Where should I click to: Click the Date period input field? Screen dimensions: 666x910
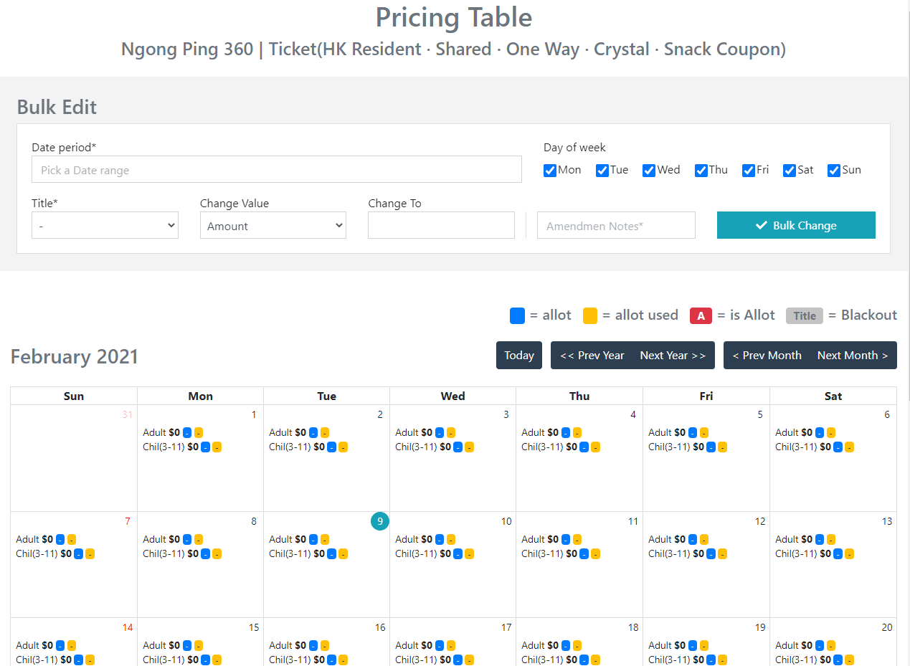(x=276, y=170)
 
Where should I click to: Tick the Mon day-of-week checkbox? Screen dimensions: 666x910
(x=550, y=171)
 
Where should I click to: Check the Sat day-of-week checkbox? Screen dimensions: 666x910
(x=790, y=171)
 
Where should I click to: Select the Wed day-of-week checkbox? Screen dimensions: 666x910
(x=649, y=171)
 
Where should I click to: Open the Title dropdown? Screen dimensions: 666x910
(x=105, y=226)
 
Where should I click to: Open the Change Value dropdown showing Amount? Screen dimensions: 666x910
(x=272, y=226)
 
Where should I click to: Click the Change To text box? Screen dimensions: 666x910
(x=441, y=225)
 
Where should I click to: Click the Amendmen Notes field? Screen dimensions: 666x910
(x=616, y=226)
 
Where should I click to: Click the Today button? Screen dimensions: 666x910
(x=519, y=356)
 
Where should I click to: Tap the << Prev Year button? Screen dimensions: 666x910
(x=592, y=356)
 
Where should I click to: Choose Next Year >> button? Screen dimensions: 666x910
(x=673, y=356)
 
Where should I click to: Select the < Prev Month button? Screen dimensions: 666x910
(x=767, y=356)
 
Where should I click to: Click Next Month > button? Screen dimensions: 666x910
(x=853, y=356)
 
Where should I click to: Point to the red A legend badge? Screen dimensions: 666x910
(x=701, y=315)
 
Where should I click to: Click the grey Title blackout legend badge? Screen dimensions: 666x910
(x=805, y=315)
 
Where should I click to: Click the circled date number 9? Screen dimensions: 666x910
(x=380, y=521)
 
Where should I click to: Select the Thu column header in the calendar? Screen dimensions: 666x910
(x=579, y=396)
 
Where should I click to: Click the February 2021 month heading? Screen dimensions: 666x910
(x=75, y=356)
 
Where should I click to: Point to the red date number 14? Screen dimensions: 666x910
(x=128, y=627)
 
